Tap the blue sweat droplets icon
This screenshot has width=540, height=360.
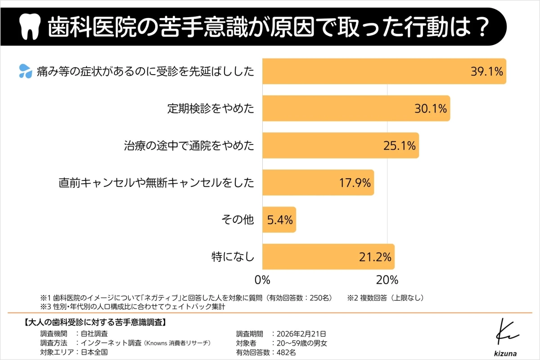[x=25, y=71]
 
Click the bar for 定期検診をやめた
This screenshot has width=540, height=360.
[x=355, y=108]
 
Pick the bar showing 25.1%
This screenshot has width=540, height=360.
[x=340, y=145]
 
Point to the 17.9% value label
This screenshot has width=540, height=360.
[x=355, y=183]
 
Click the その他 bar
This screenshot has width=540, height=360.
[x=279, y=220]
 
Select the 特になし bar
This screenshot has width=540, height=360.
[x=328, y=256]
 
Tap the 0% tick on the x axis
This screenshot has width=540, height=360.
[x=262, y=279]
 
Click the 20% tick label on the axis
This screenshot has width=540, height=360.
[x=387, y=279]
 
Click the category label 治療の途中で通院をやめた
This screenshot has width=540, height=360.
[x=189, y=145]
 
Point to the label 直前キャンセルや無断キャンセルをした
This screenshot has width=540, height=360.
[x=157, y=183]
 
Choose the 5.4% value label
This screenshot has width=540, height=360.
[x=279, y=220]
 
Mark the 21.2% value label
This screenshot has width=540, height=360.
[x=375, y=257]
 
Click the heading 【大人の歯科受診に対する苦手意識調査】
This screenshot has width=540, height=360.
[x=94, y=322]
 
